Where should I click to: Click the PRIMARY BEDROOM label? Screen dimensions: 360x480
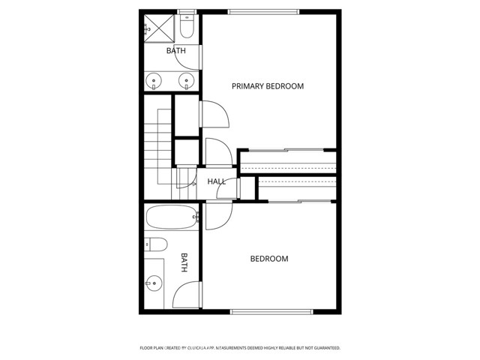tap(267, 86)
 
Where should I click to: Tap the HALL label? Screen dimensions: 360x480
tap(217, 181)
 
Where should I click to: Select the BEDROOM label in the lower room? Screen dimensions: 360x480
tap(268, 259)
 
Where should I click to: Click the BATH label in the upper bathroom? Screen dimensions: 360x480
tap(175, 50)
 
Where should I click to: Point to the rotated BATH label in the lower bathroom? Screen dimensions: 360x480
tap(184, 262)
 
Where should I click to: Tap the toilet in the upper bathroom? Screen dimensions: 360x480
tap(187, 28)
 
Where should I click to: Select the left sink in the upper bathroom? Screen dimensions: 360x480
tap(155, 80)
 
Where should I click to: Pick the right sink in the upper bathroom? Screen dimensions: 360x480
tap(184, 80)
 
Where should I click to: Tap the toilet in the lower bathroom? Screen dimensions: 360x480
tap(154, 243)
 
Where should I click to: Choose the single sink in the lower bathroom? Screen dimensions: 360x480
tap(154, 283)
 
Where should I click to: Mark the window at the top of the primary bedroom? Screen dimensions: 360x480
tap(263, 11)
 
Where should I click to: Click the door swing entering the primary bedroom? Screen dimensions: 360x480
tap(217, 115)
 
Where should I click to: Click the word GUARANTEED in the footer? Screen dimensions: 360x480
tap(322, 348)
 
